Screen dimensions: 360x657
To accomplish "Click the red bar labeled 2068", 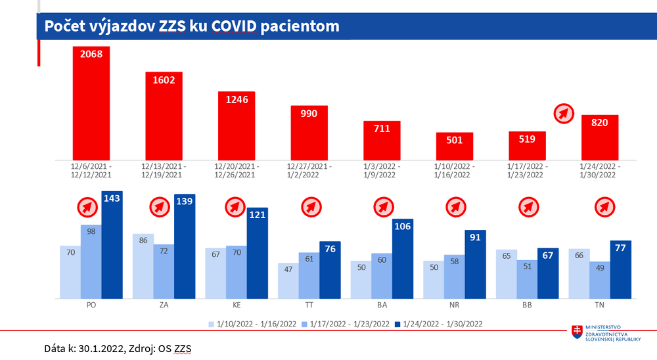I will point(91,102).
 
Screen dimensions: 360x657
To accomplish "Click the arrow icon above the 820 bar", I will point(564,114).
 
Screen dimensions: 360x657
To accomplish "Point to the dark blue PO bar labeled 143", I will point(112,244).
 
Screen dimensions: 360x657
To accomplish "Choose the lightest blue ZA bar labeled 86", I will point(143,265).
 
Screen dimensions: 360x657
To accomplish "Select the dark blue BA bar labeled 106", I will point(403,258).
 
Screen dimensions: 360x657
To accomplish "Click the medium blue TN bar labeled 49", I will point(600,280).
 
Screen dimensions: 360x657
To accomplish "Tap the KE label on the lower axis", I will point(237,305).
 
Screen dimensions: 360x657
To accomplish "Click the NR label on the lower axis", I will point(455,305).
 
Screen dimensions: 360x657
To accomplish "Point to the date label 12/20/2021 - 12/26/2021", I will point(237,170).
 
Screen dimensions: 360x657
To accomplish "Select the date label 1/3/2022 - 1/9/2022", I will point(382,170).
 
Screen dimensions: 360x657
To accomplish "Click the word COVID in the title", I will point(237,26).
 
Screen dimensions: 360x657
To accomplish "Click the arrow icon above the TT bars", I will point(311,208).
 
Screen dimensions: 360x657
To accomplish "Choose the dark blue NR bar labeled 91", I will point(476,263).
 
